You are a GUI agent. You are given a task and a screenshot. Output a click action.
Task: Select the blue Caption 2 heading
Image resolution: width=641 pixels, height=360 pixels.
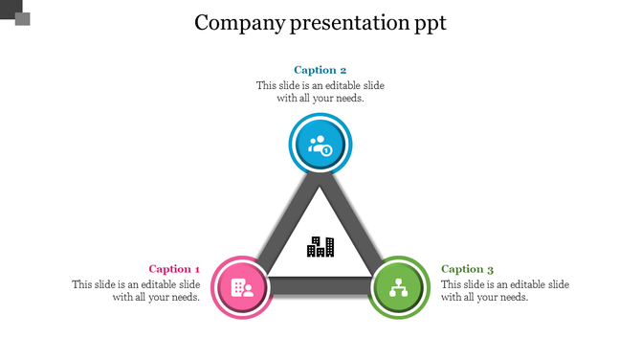[x=320, y=70]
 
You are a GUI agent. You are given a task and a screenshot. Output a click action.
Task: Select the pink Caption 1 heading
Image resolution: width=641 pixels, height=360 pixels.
[x=174, y=269]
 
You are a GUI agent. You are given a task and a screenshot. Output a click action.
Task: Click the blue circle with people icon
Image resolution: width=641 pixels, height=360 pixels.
[x=320, y=146]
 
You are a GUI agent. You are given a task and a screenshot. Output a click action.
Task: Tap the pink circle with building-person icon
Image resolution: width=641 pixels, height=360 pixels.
[x=241, y=287]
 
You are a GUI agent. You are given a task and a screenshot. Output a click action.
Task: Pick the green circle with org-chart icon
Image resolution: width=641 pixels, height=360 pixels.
[x=400, y=287]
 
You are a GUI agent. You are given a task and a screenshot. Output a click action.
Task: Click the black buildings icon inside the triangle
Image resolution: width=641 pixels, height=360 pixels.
[x=320, y=246]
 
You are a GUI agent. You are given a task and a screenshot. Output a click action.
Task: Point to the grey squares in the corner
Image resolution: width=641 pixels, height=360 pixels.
[x=16, y=13]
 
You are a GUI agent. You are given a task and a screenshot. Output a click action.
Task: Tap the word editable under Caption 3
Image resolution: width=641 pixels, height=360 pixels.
[x=525, y=284]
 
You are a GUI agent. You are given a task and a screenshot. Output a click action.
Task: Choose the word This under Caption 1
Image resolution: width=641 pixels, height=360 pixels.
[x=82, y=284]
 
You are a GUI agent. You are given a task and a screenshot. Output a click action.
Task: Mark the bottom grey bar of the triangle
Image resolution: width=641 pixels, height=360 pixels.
[x=320, y=284]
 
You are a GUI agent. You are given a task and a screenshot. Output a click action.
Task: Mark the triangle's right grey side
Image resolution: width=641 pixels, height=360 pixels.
[x=360, y=225]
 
